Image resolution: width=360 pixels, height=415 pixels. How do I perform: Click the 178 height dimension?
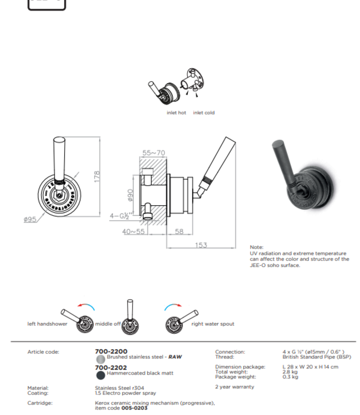(x=97, y=177)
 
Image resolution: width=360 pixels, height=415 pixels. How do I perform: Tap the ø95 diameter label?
(x=30, y=220)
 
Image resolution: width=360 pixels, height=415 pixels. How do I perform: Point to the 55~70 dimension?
(x=153, y=152)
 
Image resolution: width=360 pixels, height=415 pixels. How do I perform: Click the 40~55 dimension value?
(x=133, y=232)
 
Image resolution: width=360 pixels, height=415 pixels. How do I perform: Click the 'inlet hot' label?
(x=176, y=113)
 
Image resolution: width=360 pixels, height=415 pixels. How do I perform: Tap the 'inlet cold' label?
(x=204, y=113)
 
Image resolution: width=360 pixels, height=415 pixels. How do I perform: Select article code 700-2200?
(x=111, y=351)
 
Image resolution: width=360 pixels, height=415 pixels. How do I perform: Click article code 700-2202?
(x=111, y=367)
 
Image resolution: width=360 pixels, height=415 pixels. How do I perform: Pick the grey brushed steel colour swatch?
(x=100, y=358)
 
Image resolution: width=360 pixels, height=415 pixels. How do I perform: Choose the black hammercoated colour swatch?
(x=100, y=374)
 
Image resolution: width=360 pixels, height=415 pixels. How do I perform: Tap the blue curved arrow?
(x=173, y=306)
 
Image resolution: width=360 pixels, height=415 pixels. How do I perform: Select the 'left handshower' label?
(x=47, y=324)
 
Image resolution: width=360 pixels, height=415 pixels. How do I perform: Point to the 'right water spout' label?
(x=213, y=324)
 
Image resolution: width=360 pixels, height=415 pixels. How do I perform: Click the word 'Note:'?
(x=257, y=247)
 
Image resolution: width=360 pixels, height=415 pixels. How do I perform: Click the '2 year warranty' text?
(x=234, y=387)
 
